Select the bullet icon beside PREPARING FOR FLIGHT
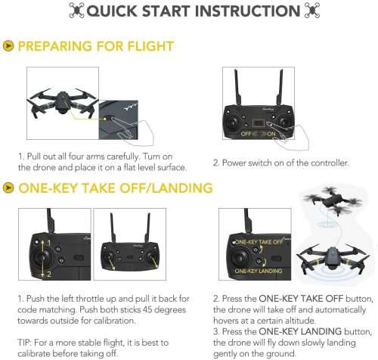(8, 47)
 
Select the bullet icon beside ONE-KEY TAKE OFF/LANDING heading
(8, 188)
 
